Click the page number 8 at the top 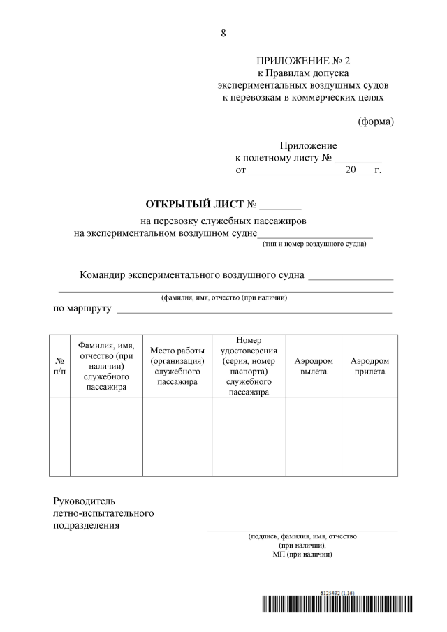(x=223, y=33)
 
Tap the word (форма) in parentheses (x=376, y=121)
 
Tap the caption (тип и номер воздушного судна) (x=314, y=244)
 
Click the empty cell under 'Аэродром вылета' (x=314, y=437)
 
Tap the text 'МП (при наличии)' (x=302, y=554)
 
